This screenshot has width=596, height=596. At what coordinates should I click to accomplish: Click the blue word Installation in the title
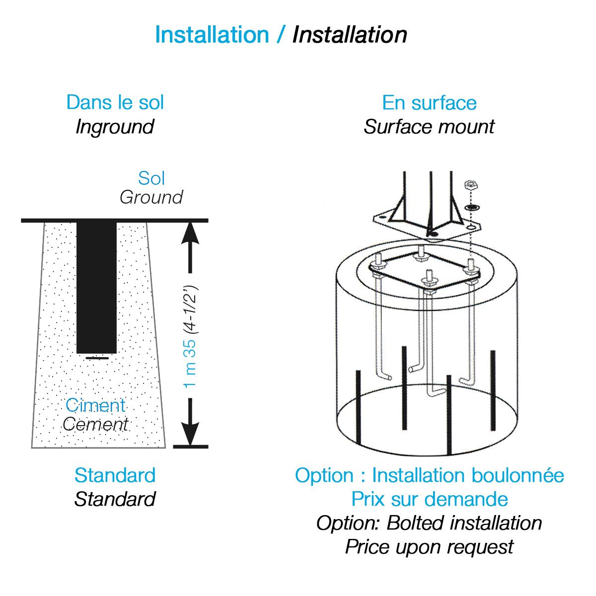[x=212, y=35]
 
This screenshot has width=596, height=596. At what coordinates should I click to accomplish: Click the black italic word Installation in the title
[x=350, y=35]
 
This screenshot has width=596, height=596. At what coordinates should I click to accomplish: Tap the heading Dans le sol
[x=115, y=102]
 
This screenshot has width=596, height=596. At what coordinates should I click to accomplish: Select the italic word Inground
[x=115, y=127]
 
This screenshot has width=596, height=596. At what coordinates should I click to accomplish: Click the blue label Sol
[x=151, y=178]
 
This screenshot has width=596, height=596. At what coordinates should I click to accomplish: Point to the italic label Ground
[x=151, y=197]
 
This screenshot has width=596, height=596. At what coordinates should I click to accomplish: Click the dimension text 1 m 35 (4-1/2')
[x=191, y=336]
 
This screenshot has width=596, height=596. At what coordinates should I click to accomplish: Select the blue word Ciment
[x=95, y=405]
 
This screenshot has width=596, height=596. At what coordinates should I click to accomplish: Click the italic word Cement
[x=95, y=424]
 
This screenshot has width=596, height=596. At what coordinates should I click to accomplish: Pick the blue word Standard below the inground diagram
[x=115, y=475]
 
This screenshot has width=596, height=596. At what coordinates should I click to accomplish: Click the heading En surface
[x=429, y=102]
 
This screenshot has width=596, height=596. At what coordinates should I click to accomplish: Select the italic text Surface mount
[x=429, y=127]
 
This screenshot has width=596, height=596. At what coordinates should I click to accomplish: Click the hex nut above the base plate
[x=470, y=186]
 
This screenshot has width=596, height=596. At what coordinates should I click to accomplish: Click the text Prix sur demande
[x=429, y=499]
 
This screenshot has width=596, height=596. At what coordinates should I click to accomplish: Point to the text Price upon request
[x=429, y=546]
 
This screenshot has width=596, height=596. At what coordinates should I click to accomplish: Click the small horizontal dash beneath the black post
[x=97, y=358]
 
